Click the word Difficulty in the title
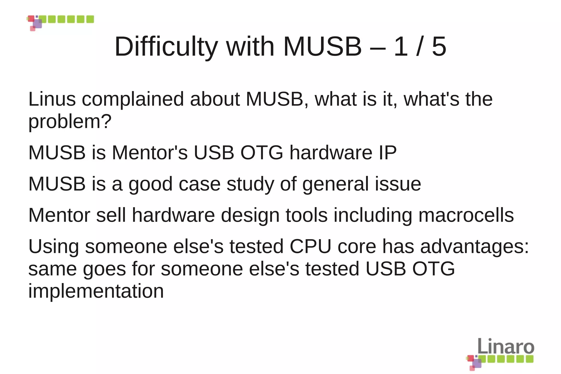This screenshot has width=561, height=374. click(x=166, y=47)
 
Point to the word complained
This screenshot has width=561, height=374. click(x=133, y=99)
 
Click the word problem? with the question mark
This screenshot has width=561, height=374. click(x=70, y=122)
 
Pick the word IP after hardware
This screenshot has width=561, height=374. click(x=387, y=153)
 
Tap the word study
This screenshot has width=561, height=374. click(x=250, y=184)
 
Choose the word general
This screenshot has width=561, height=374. click(x=335, y=184)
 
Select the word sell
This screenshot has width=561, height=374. click(x=111, y=215)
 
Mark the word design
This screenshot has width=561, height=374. click(x=250, y=216)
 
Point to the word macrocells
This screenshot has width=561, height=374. click(x=466, y=215)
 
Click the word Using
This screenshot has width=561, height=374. click(x=53, y=247)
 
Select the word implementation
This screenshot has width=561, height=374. click(x=96, y=291)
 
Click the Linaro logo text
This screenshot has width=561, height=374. click(x=506, y=346)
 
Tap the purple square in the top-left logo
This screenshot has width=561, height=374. click(x=38, y=24)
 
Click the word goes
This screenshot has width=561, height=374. click(x=104, y=269)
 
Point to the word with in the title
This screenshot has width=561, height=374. click(x=250, y=47)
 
